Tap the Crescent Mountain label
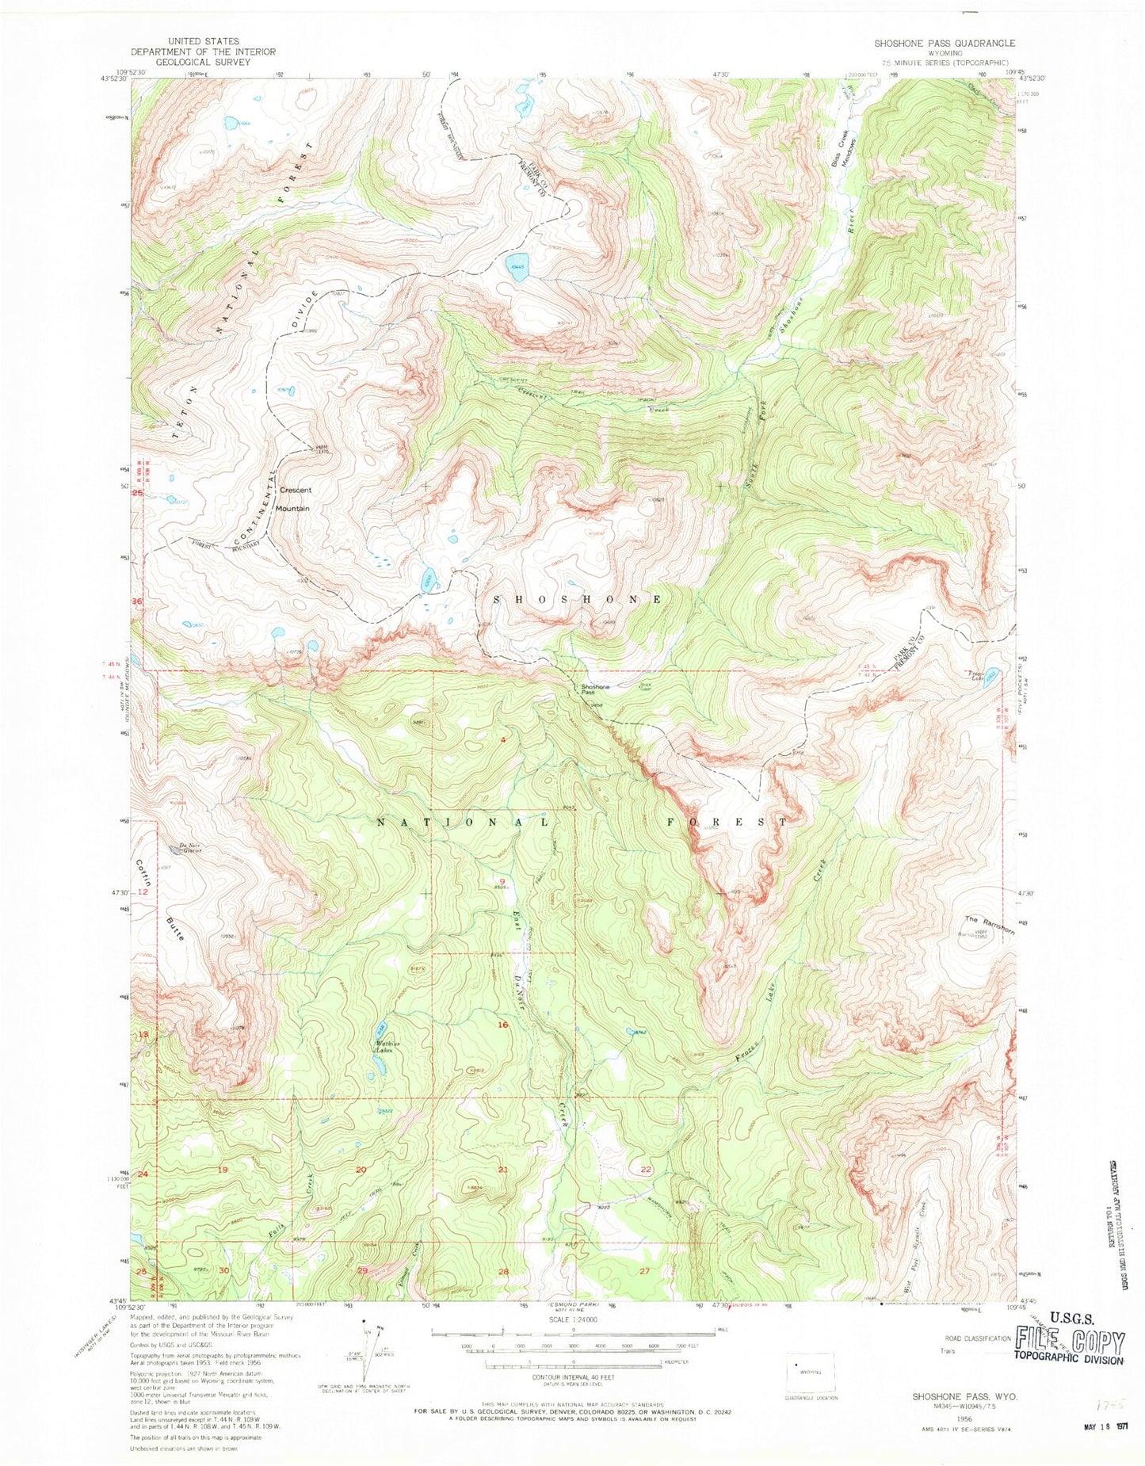pyautogui.click(x=294, y=498)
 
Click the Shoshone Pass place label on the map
pyautogui.click(x=595, y=689)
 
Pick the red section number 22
pyautogui.click(x=646, y=1169)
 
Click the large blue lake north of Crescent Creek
pyautogui.click(x=517, y=264)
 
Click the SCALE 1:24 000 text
pyautogui.click(x=571, y=1319)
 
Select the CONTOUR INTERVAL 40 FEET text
pyautogui.click(x=572, y=1376)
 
